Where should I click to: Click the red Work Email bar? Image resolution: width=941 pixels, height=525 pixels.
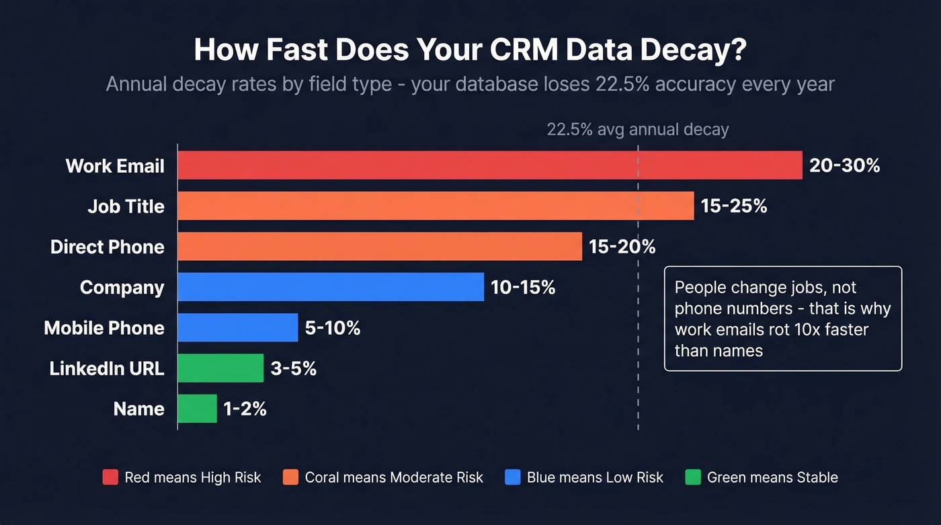click(x=489, y=165)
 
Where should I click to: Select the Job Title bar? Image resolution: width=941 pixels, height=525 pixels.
click(x=436, y=206)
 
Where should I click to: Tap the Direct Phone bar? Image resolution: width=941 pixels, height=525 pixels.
click(x=380, y=247)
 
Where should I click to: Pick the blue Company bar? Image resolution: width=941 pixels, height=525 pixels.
click(x=331, y=287)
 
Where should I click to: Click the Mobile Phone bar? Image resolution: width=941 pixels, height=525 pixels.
click(x=238, y=327)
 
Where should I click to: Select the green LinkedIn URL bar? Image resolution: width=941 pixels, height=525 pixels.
click(x=220, y=368)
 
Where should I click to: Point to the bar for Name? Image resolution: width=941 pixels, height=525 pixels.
click(x=198, y=409)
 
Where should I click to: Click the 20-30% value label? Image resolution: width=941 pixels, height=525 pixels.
click(x=844, y=166)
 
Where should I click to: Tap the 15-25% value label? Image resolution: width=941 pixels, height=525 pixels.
click(x=734, y=206)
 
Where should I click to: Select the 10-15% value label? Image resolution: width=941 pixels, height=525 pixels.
click(x=523, y=288)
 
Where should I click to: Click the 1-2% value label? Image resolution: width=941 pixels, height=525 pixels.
click(x=245, y=409)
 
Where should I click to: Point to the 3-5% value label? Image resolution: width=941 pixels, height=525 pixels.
click(x=293, y=369)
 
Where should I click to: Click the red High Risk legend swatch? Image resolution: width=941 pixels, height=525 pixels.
click(x=110, y=477)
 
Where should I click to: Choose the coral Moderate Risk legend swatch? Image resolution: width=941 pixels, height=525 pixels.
click(x=290, y=477)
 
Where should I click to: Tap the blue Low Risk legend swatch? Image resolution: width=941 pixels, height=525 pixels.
click(x=512, y=477)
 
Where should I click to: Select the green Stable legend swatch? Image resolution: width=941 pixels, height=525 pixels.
click(x=692, y=477)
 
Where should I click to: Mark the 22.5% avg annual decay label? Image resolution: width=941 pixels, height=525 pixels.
click(x=637, y=130)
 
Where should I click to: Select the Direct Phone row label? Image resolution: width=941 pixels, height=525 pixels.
click(x=107, y=247)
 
